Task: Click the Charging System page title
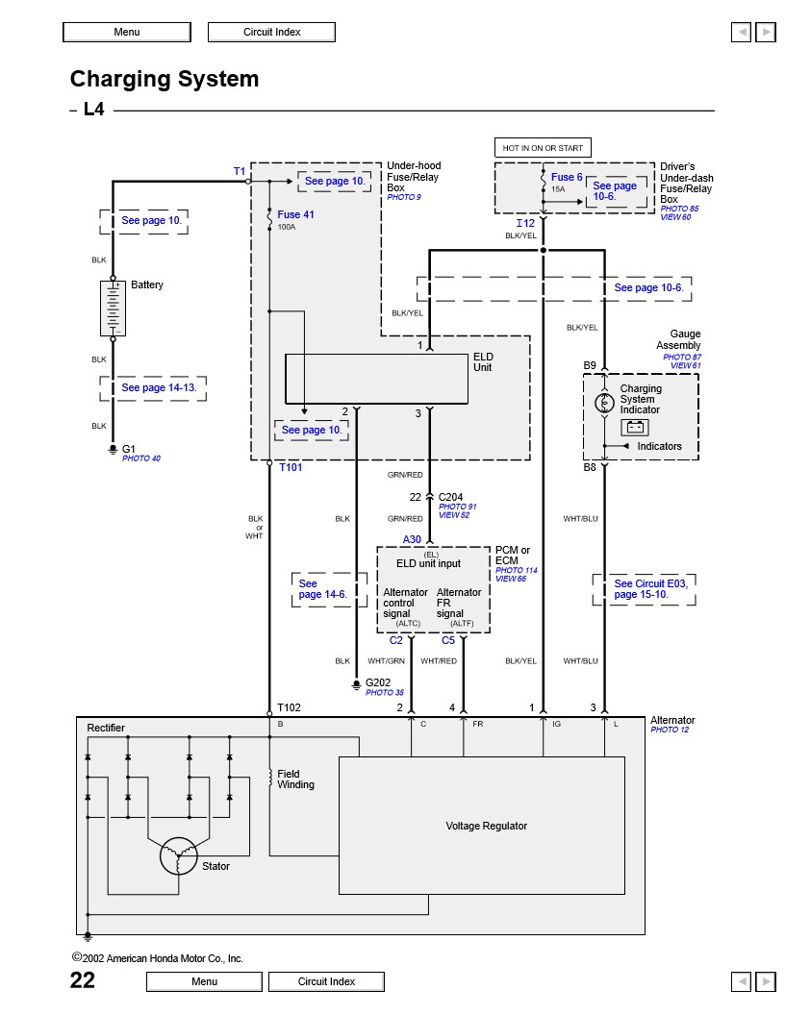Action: coord(165,79)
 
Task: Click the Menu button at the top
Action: coord(126,32)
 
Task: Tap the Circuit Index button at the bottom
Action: coord(326,981)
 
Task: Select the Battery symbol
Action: coord(113,308)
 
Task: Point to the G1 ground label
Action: coord(129,449)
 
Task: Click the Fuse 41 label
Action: coord(295,214)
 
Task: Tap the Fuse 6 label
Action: coord(567,178)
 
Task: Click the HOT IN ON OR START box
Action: coord(543,148)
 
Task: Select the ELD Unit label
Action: coord(483,362)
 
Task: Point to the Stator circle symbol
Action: coord(178,856)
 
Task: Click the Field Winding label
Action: coord(295,780)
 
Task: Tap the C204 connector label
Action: coord(451,497)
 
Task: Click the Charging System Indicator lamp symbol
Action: coord(604,403)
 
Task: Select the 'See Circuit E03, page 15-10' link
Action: coord(643,589)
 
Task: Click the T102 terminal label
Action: coord(289,707)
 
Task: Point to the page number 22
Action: coord(83,979)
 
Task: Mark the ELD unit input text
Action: coord(428,563)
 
